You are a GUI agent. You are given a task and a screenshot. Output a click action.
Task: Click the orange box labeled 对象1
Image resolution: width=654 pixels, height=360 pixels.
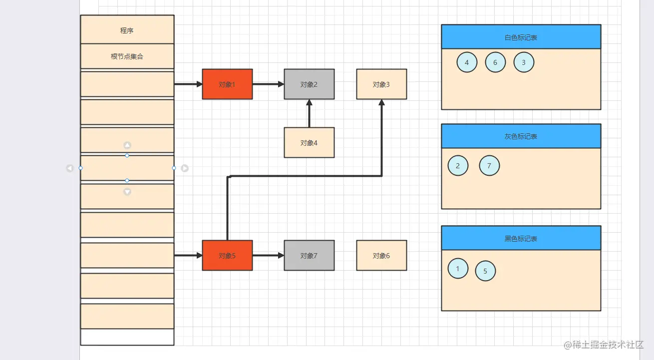[227, 84]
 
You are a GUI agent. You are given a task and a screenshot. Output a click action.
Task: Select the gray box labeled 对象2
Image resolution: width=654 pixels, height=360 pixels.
[309, 84]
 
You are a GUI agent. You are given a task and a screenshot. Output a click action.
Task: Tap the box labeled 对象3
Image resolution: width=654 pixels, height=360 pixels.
[381, 84]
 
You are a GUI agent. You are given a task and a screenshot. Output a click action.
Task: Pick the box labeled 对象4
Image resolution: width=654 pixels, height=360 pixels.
[309, 143]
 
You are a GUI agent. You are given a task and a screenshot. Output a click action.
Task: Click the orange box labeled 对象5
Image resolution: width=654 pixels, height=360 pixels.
[227, 256]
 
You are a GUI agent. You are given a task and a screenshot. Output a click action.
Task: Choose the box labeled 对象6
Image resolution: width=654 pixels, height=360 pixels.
[381, 256]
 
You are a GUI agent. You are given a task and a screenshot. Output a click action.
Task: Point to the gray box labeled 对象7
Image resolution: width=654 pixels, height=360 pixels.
[309, 256]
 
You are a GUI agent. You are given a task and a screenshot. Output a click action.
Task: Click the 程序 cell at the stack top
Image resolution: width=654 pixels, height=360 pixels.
[127, 30]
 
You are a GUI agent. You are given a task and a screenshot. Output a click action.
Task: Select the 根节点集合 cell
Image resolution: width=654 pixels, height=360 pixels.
[127, 56]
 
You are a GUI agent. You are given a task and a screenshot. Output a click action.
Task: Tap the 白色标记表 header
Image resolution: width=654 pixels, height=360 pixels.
[521, 37]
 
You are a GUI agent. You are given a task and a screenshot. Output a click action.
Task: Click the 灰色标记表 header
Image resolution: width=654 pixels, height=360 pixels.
[521, 136]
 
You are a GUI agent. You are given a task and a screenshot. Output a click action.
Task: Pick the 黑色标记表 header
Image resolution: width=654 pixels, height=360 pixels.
[521, 238]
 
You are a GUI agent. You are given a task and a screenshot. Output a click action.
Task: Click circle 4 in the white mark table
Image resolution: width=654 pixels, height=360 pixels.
[467, 62]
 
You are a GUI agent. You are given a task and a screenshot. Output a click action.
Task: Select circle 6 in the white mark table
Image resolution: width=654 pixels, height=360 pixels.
[495, 62]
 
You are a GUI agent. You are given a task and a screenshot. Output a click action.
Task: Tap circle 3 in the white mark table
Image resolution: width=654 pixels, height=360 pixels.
[524, 62]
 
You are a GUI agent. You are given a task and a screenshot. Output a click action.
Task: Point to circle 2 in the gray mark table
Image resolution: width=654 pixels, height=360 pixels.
[458, 166]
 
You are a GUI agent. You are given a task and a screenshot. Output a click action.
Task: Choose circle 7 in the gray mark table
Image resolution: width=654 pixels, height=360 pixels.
[489, 166]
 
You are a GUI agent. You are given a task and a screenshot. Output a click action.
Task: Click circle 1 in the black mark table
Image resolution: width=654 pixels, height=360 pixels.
[458, 268]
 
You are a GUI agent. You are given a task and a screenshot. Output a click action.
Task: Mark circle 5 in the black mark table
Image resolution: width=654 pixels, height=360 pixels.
[485, 271]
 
